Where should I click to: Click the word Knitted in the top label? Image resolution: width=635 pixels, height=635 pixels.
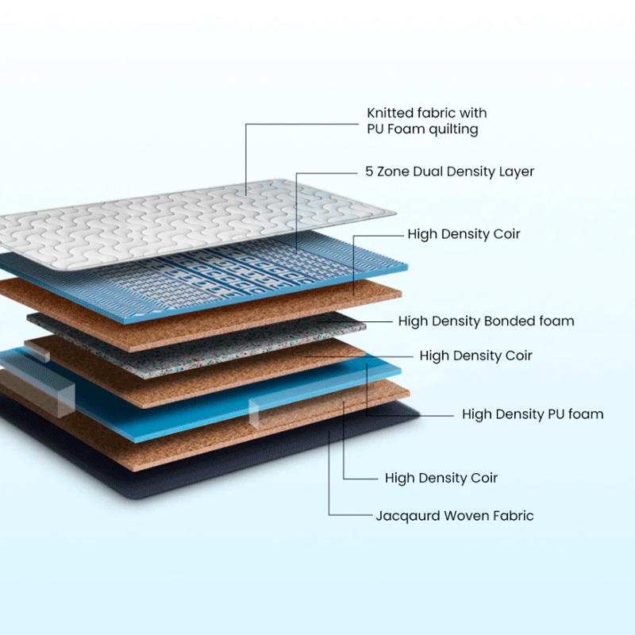[x=391, y=114]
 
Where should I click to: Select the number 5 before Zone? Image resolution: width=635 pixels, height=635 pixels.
[x=369, y=171]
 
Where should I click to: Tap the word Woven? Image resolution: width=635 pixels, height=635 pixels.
[x=466, y=516]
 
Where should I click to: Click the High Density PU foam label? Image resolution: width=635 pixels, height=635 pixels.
[x=532, y=414]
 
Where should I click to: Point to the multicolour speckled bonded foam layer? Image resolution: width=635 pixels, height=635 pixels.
[x=198, y=333]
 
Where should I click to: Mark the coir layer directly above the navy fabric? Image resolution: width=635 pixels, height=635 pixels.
[x=238, y=433]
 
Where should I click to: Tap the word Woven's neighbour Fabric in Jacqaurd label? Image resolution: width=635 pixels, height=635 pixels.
[x=514, y=516]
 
